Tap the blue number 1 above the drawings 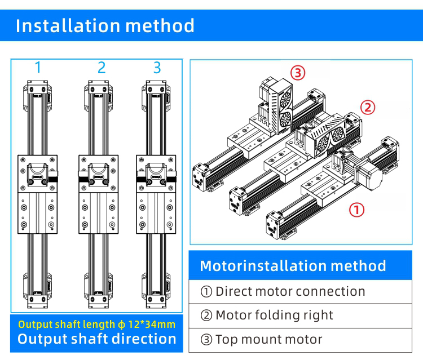point(38,68)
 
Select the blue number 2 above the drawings point(102,68)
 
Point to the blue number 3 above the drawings point(157,68)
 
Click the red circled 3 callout point(298,72)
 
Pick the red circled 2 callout point(368,107)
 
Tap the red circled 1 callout point(357,210)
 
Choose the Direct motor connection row point(283,291)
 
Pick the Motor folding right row point(267,315)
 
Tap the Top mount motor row point(261,339)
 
